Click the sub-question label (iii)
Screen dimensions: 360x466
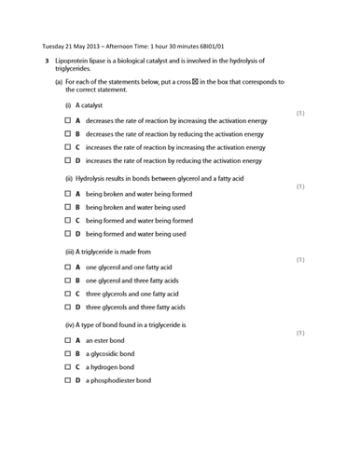71,252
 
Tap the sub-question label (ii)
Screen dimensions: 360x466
70,178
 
